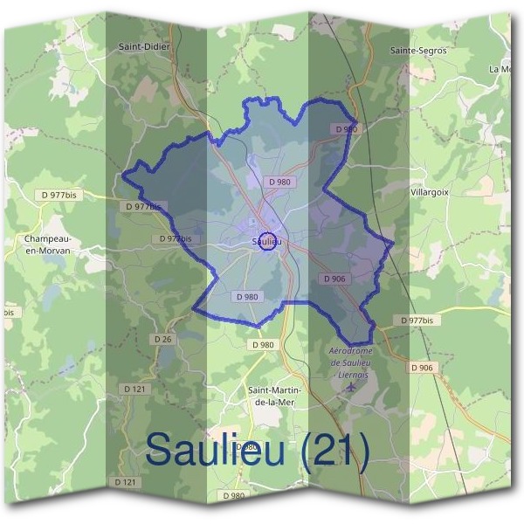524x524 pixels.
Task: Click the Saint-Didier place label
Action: click(x=144, y=47)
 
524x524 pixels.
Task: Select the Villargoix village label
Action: click(x=430, y=190)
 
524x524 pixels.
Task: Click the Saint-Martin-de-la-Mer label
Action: click(x=276, y=396)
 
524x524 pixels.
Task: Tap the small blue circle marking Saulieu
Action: click(x=268, y=241)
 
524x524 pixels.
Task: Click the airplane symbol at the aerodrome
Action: click(x=351, y=386)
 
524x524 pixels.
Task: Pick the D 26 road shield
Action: click(x=162, y=338)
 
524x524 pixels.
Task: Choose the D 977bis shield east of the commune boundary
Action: click(x=417, y=321)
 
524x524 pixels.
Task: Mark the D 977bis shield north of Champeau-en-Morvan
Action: click(x=59, y=196)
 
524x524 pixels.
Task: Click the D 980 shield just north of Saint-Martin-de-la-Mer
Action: click(x=263, y=345)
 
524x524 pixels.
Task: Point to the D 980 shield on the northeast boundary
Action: click(x=346, y=129)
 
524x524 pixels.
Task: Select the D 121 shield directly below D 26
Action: click(x=134, y=388)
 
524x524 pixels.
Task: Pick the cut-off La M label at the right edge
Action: click(x=501, y=68)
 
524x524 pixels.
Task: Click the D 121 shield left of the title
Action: click(x=126, y=482)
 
